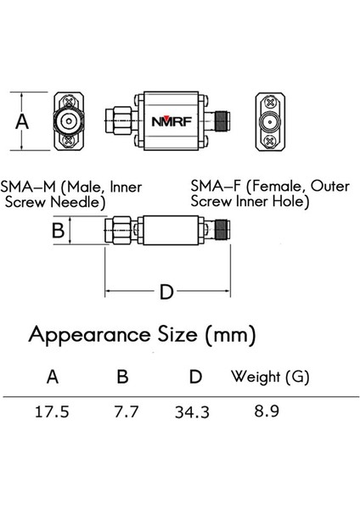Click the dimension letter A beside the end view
[x=23, y=120]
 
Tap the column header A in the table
[x=53, y=375]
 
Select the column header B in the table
[x=124, y=375]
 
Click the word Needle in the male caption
[x=79, y=203]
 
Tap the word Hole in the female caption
[x=290, y=203]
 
